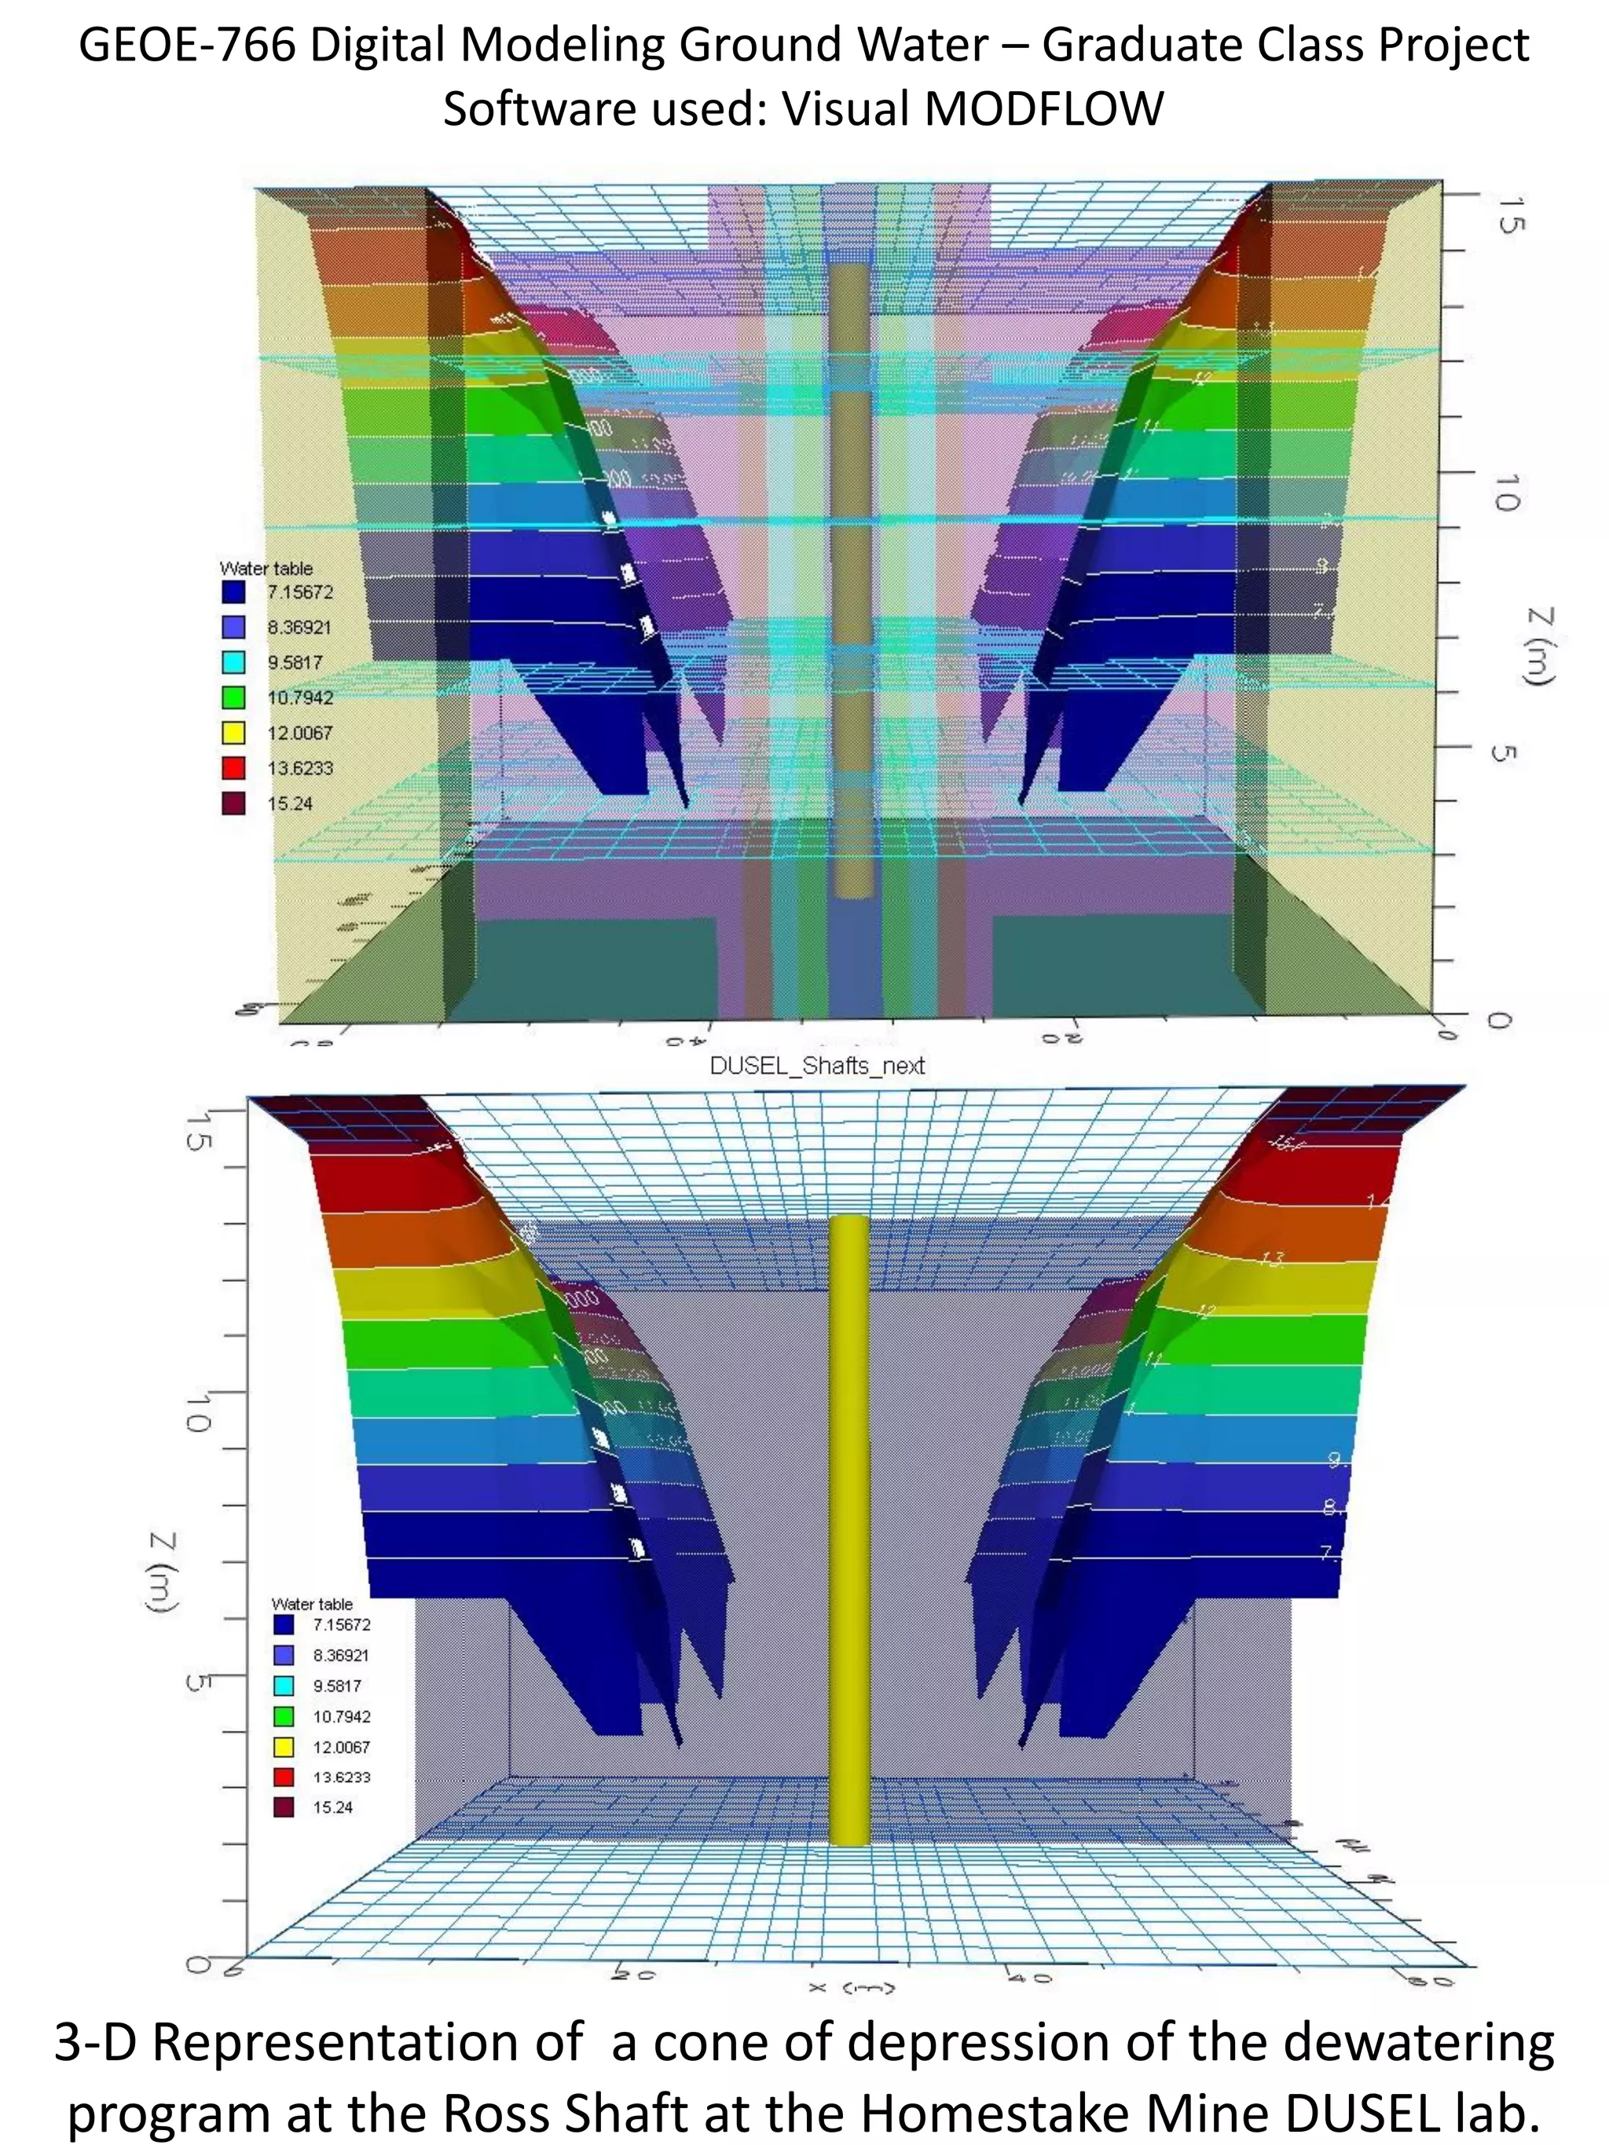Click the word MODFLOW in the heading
(1043, 108)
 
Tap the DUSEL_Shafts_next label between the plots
(816, 1066)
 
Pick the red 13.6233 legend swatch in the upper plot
(234, 768)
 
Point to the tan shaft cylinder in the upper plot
(852, 582)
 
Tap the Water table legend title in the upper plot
(266, 568)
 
